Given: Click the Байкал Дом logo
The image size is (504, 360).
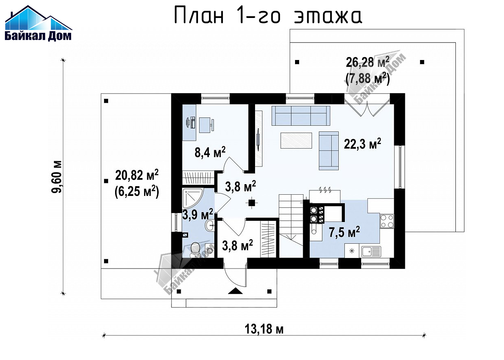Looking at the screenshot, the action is pyautogui.click(x=38, y=23).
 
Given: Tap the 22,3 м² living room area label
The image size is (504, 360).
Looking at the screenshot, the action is pyautogui.click(x=362, y=144).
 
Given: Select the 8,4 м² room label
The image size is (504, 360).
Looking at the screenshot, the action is pyautogui.click(x=210, y=152).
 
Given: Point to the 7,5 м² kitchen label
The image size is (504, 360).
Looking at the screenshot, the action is pyautogui.click(x=344, y=232).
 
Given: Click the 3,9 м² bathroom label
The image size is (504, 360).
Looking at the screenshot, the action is pyautogui.click(x=198, y=214).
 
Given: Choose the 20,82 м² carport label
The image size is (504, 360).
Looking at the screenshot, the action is pyautogui.click(x=137, y=175).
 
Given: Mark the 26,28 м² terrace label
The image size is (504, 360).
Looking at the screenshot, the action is pyautogui.click(x=367, y=62).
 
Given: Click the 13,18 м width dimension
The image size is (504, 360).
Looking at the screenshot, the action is pyautogui.click(x=264, y=329).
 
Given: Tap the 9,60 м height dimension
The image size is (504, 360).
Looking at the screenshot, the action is pyautogui.click(x=56, y=177).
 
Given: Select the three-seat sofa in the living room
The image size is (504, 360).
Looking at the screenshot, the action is pyautogui.click(x=301, y=116).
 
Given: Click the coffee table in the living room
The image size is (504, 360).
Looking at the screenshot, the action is pyautogui.click(x=296, y=140).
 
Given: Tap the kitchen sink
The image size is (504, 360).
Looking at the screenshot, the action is pyautogui.click(x=371, y=251).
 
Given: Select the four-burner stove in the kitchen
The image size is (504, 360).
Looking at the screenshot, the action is pyautogui.click(x=387, y=221).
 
